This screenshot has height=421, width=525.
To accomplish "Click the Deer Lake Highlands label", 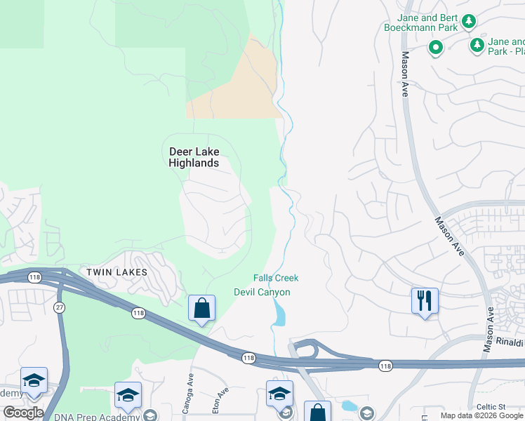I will (194, 157).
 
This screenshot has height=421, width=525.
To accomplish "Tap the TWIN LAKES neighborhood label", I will (117, 272).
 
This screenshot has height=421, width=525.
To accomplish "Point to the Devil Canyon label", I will (262, 292).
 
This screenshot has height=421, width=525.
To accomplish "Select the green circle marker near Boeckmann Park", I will (436, 48).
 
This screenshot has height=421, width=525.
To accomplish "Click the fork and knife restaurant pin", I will (425, 301).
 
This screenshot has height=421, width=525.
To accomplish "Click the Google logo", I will (23, 412).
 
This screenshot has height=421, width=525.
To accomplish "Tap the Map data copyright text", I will (482, 416).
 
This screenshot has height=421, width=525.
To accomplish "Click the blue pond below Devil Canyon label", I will (279, 314).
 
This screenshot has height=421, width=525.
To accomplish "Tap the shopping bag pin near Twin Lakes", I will (202, 308).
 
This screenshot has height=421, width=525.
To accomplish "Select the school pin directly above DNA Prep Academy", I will (128, 395).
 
